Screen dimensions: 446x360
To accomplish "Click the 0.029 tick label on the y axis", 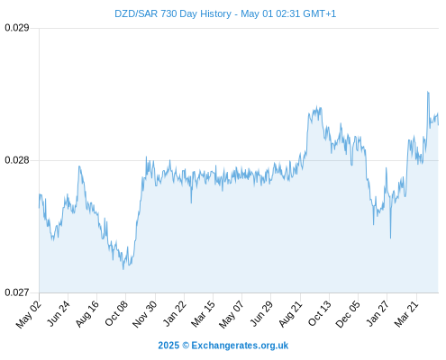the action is point(17,28).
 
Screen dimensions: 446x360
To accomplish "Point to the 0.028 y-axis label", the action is point(17,160).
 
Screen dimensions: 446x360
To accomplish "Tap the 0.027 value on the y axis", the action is point(17,292).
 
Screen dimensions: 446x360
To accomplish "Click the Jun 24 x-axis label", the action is point(59,314).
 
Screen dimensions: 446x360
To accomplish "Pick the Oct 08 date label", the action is point(116,314).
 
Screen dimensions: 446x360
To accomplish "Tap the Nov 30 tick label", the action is point(145,314).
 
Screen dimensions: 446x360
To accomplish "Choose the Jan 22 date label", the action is point(175,314).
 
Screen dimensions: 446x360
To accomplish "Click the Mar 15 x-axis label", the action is point(203,314).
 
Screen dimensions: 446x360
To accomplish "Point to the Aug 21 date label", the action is point(290,314).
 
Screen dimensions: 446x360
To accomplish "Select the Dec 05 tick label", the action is point(348,314).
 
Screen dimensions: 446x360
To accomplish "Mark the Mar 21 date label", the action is point(406,314).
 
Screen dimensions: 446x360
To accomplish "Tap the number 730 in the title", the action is point(168,13).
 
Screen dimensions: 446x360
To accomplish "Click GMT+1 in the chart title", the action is point(320,13).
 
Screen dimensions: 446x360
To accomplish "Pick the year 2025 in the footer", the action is point(168,346).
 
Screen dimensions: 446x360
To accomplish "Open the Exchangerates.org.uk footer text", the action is point(240,346).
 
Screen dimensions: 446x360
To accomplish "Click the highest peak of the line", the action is point(428,92).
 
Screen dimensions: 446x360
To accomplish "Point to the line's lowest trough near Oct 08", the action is point(123,269).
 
